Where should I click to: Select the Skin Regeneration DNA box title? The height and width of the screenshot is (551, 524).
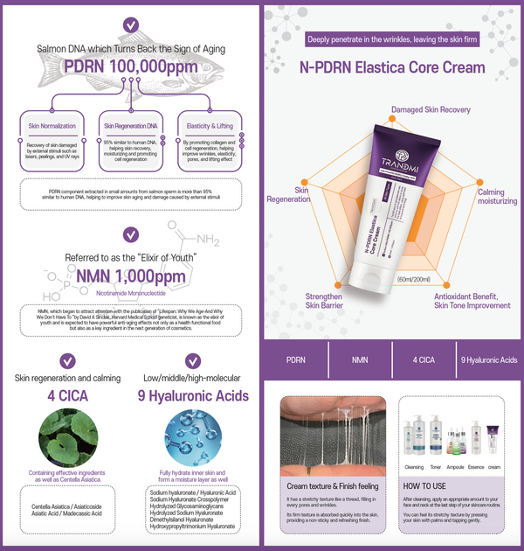tap(130, 126)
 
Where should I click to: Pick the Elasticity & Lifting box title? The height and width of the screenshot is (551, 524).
tap(209, 126)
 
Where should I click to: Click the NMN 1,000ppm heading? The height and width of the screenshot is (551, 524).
tap(130, 276)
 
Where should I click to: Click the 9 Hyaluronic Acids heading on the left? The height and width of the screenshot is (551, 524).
tap(193, 394)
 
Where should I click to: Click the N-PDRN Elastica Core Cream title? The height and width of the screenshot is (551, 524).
tap(392, 67)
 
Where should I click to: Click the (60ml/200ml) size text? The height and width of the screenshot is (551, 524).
tap(415, 278)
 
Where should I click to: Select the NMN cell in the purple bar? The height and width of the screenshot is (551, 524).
tap(360, 359)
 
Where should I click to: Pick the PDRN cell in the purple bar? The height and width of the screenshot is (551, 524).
tap(295, 359)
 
